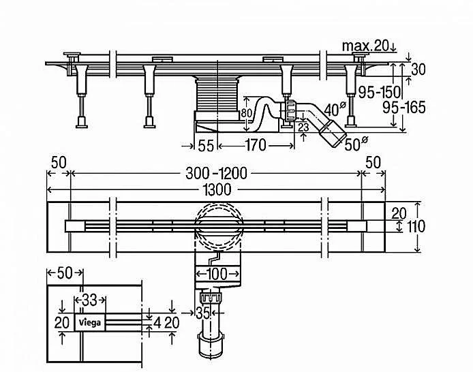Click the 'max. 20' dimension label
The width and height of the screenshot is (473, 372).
[367, 46]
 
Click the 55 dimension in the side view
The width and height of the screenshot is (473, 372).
[207, 144]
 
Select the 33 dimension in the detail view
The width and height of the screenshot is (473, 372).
[89, 300]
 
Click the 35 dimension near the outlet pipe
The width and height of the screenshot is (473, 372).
[202, 314]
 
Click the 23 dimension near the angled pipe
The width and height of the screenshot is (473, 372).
[305, 127]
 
